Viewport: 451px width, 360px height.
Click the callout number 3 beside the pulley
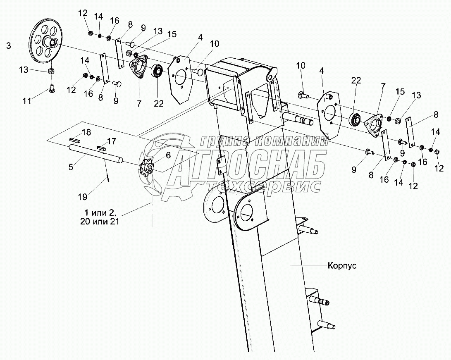[9, 45]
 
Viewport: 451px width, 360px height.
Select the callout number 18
[86, 132]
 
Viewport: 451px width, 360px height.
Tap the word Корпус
[341, 265]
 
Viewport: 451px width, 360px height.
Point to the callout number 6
[168, 155]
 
